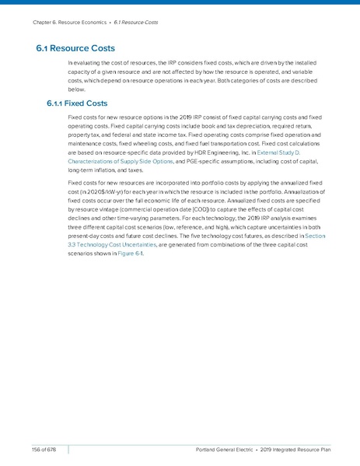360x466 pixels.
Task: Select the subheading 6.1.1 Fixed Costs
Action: (82, 103)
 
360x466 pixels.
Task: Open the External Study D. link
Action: (291, 154)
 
